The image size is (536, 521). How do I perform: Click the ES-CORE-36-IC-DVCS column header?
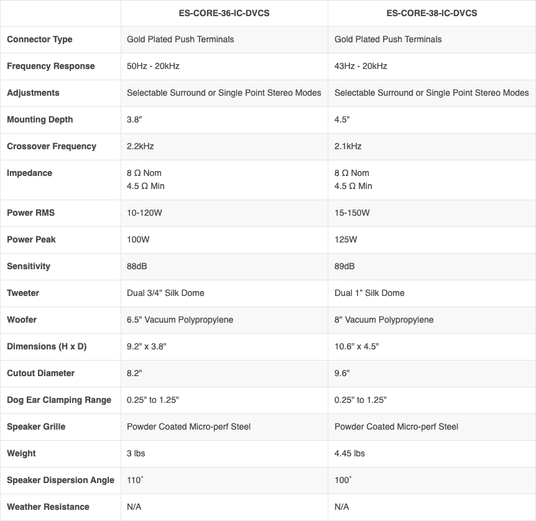224,12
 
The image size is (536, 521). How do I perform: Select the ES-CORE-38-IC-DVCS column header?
432,12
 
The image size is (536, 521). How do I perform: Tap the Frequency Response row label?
51,66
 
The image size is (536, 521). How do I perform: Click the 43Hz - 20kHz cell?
361,66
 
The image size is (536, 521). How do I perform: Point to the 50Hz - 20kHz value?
153,66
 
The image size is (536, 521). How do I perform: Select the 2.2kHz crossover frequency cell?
140,146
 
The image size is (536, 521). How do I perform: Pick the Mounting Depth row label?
40,119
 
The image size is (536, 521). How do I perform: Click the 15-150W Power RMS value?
352,213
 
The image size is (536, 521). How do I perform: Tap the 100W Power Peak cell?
138,239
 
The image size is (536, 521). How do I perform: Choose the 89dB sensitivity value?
344,266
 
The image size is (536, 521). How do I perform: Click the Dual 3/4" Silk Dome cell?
165,293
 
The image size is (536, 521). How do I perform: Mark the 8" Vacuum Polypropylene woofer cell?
384,320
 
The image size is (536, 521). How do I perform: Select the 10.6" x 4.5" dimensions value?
356,346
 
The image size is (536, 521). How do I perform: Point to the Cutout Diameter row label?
40,373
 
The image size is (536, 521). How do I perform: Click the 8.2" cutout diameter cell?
135,373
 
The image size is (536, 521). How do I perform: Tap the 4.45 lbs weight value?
349,453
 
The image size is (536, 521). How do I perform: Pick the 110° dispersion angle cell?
135,480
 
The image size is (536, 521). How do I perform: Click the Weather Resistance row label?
48,507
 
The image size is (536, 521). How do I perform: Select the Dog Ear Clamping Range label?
59,400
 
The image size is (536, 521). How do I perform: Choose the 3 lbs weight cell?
136,453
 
